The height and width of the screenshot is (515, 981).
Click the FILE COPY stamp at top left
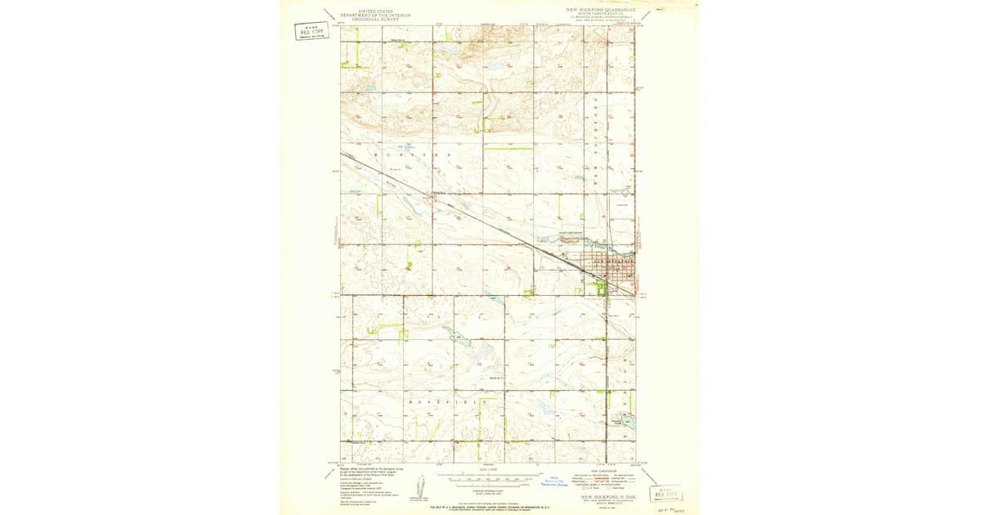[308, 32]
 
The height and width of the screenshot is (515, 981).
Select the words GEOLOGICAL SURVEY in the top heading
[376, 20]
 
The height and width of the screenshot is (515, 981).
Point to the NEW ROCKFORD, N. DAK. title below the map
[608, 496]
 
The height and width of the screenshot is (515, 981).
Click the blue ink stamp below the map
[558, 482]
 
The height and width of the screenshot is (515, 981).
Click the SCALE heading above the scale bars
[488, 470]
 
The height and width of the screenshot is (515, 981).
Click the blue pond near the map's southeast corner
[625, 422]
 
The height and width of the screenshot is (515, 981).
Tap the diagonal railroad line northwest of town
[458, 212]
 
